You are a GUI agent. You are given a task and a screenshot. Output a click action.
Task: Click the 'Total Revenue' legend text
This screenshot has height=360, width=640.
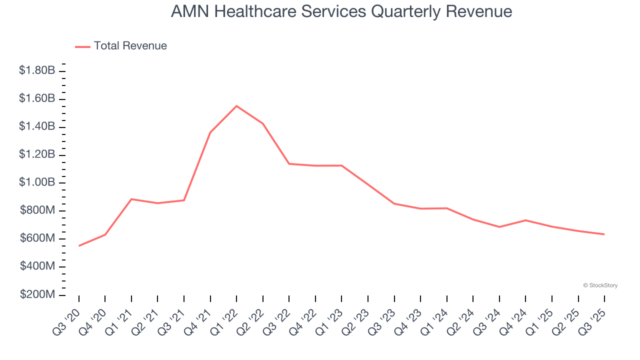(130, 46)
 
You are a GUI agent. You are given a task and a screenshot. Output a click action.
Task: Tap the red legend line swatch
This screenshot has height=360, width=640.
(82, 46)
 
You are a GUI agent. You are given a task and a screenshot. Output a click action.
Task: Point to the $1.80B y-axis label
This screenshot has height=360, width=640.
(37, 71)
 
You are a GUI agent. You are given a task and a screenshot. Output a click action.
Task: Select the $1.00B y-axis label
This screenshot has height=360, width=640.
(37, 182)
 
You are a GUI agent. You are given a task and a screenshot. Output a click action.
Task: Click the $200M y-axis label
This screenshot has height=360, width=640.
(37, 294)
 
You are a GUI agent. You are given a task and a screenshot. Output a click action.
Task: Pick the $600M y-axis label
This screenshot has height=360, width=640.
(37, 238)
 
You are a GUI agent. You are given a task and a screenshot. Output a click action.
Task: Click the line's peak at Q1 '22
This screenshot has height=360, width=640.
(236, 106)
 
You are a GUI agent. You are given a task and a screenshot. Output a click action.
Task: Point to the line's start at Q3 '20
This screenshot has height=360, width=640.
(79, 245)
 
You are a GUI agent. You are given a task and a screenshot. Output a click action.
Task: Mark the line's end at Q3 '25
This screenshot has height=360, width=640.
(604, 234)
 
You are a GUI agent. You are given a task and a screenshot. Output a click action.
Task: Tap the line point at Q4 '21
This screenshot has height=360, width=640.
(210, 132)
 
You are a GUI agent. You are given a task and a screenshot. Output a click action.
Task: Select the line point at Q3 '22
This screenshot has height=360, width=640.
(289, 163)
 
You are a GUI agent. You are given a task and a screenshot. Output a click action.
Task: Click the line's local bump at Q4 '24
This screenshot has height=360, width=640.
(525, 220)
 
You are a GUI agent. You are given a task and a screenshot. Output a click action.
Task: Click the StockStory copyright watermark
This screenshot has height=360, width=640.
(600, 285)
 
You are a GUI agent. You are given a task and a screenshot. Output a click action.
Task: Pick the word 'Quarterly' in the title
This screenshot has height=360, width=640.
(403, 11)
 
